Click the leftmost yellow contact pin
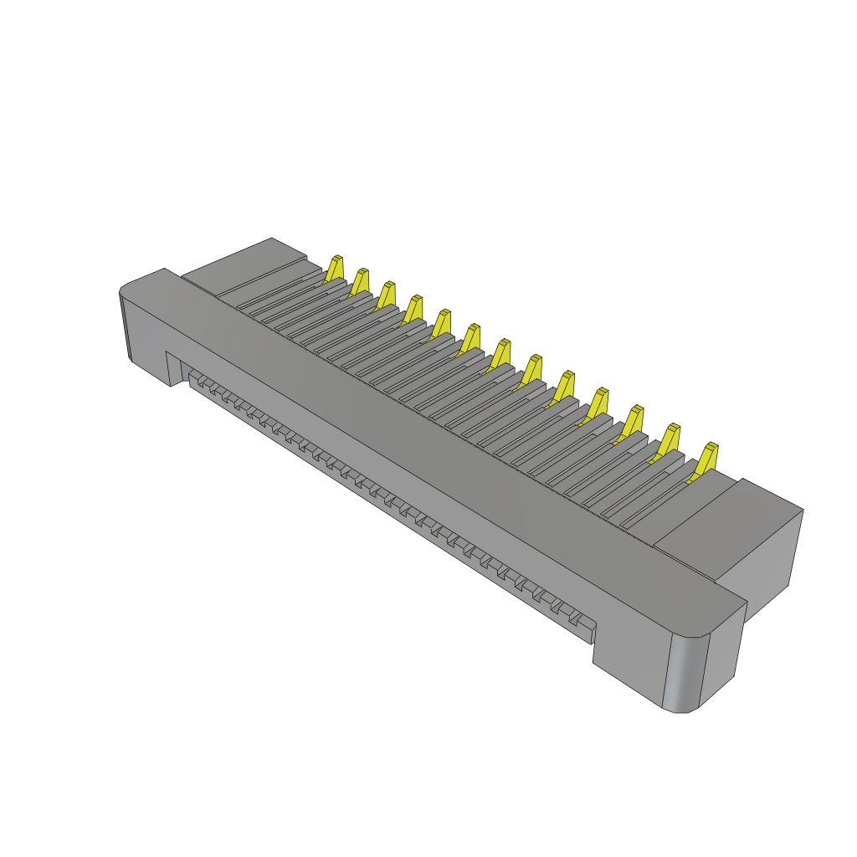click(x=335, y=268)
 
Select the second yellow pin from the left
click(x=361, y=281)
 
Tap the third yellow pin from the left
click(x=387, y=294)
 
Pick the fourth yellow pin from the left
click(x=413, y=307)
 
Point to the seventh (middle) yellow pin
click(x=501, y=352)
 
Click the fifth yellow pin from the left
click(x=443, y=322)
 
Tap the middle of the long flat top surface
click(x=435, y=435)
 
